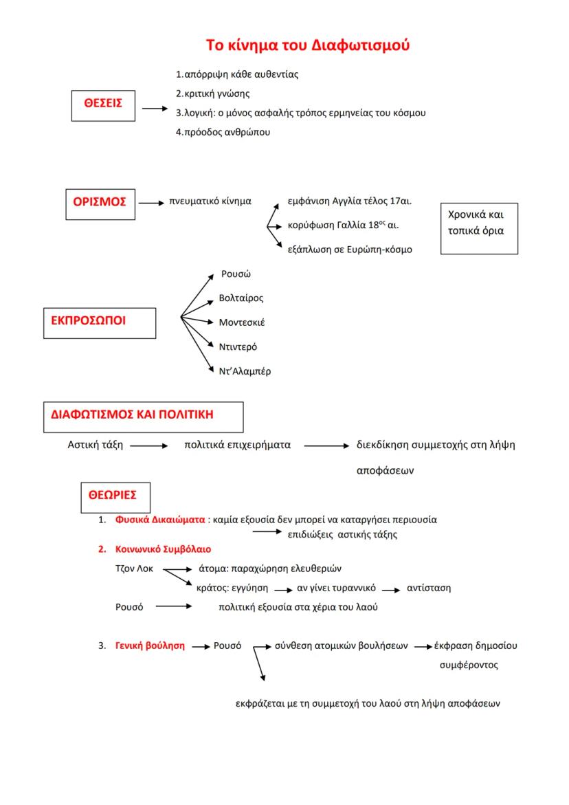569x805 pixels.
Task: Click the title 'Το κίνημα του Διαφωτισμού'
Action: (x=308, y=45)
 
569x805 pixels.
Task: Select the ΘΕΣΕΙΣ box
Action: (x=103, y=104)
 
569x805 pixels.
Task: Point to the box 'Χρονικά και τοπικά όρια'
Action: (x=479, y=228)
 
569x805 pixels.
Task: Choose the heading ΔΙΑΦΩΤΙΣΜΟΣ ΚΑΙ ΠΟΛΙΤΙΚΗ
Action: (x=142, y=416)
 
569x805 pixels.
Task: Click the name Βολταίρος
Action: (x=241, y=298)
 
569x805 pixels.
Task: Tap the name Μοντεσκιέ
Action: (x=242, y=322)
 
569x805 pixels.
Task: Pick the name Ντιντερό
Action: (x=238, y=346)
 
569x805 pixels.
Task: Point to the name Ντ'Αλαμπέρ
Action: (x=245, y=371)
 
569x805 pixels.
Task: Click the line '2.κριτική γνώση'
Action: (x=212, y=93)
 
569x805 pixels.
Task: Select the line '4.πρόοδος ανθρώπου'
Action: (x=223, y=132)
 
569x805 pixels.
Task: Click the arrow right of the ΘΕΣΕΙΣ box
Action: (x=155, y=109)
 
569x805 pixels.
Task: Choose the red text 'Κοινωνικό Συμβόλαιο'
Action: (x=164, y=549)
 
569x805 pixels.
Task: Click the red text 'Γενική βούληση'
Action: (x=150, y=646)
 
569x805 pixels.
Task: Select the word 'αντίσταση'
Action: (x=429, y=588)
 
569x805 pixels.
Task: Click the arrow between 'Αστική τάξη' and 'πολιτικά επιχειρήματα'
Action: (x=148, y=446)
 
